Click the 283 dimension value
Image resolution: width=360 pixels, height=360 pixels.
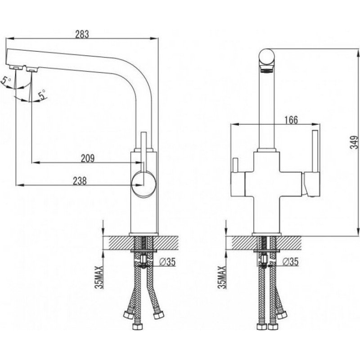click(82, 34)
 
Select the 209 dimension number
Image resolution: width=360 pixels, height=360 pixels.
click(87, 158)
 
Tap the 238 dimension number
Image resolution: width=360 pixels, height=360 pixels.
click(80, 181)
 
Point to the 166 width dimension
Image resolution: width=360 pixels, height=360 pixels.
click(291, 120)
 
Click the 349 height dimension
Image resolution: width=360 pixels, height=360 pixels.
click(355, 142)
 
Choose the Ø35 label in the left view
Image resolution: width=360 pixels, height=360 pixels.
click(167, 261)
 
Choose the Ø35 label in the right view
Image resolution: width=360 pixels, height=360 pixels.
click(290, 261)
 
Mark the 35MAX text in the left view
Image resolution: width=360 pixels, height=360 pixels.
click(99, 277)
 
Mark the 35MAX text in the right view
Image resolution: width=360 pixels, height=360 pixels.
click(222, 277)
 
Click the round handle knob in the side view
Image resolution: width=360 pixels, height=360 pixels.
click(144, 184)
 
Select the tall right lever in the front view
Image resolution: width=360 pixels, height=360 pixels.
click(315, 151)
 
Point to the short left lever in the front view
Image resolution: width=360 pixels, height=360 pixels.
click(235, 165)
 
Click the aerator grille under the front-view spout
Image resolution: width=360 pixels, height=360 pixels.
click(267, 69)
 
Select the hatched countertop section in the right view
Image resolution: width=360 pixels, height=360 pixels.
click(267, 243)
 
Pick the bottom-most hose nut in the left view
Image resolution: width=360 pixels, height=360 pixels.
click(138, 326)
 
